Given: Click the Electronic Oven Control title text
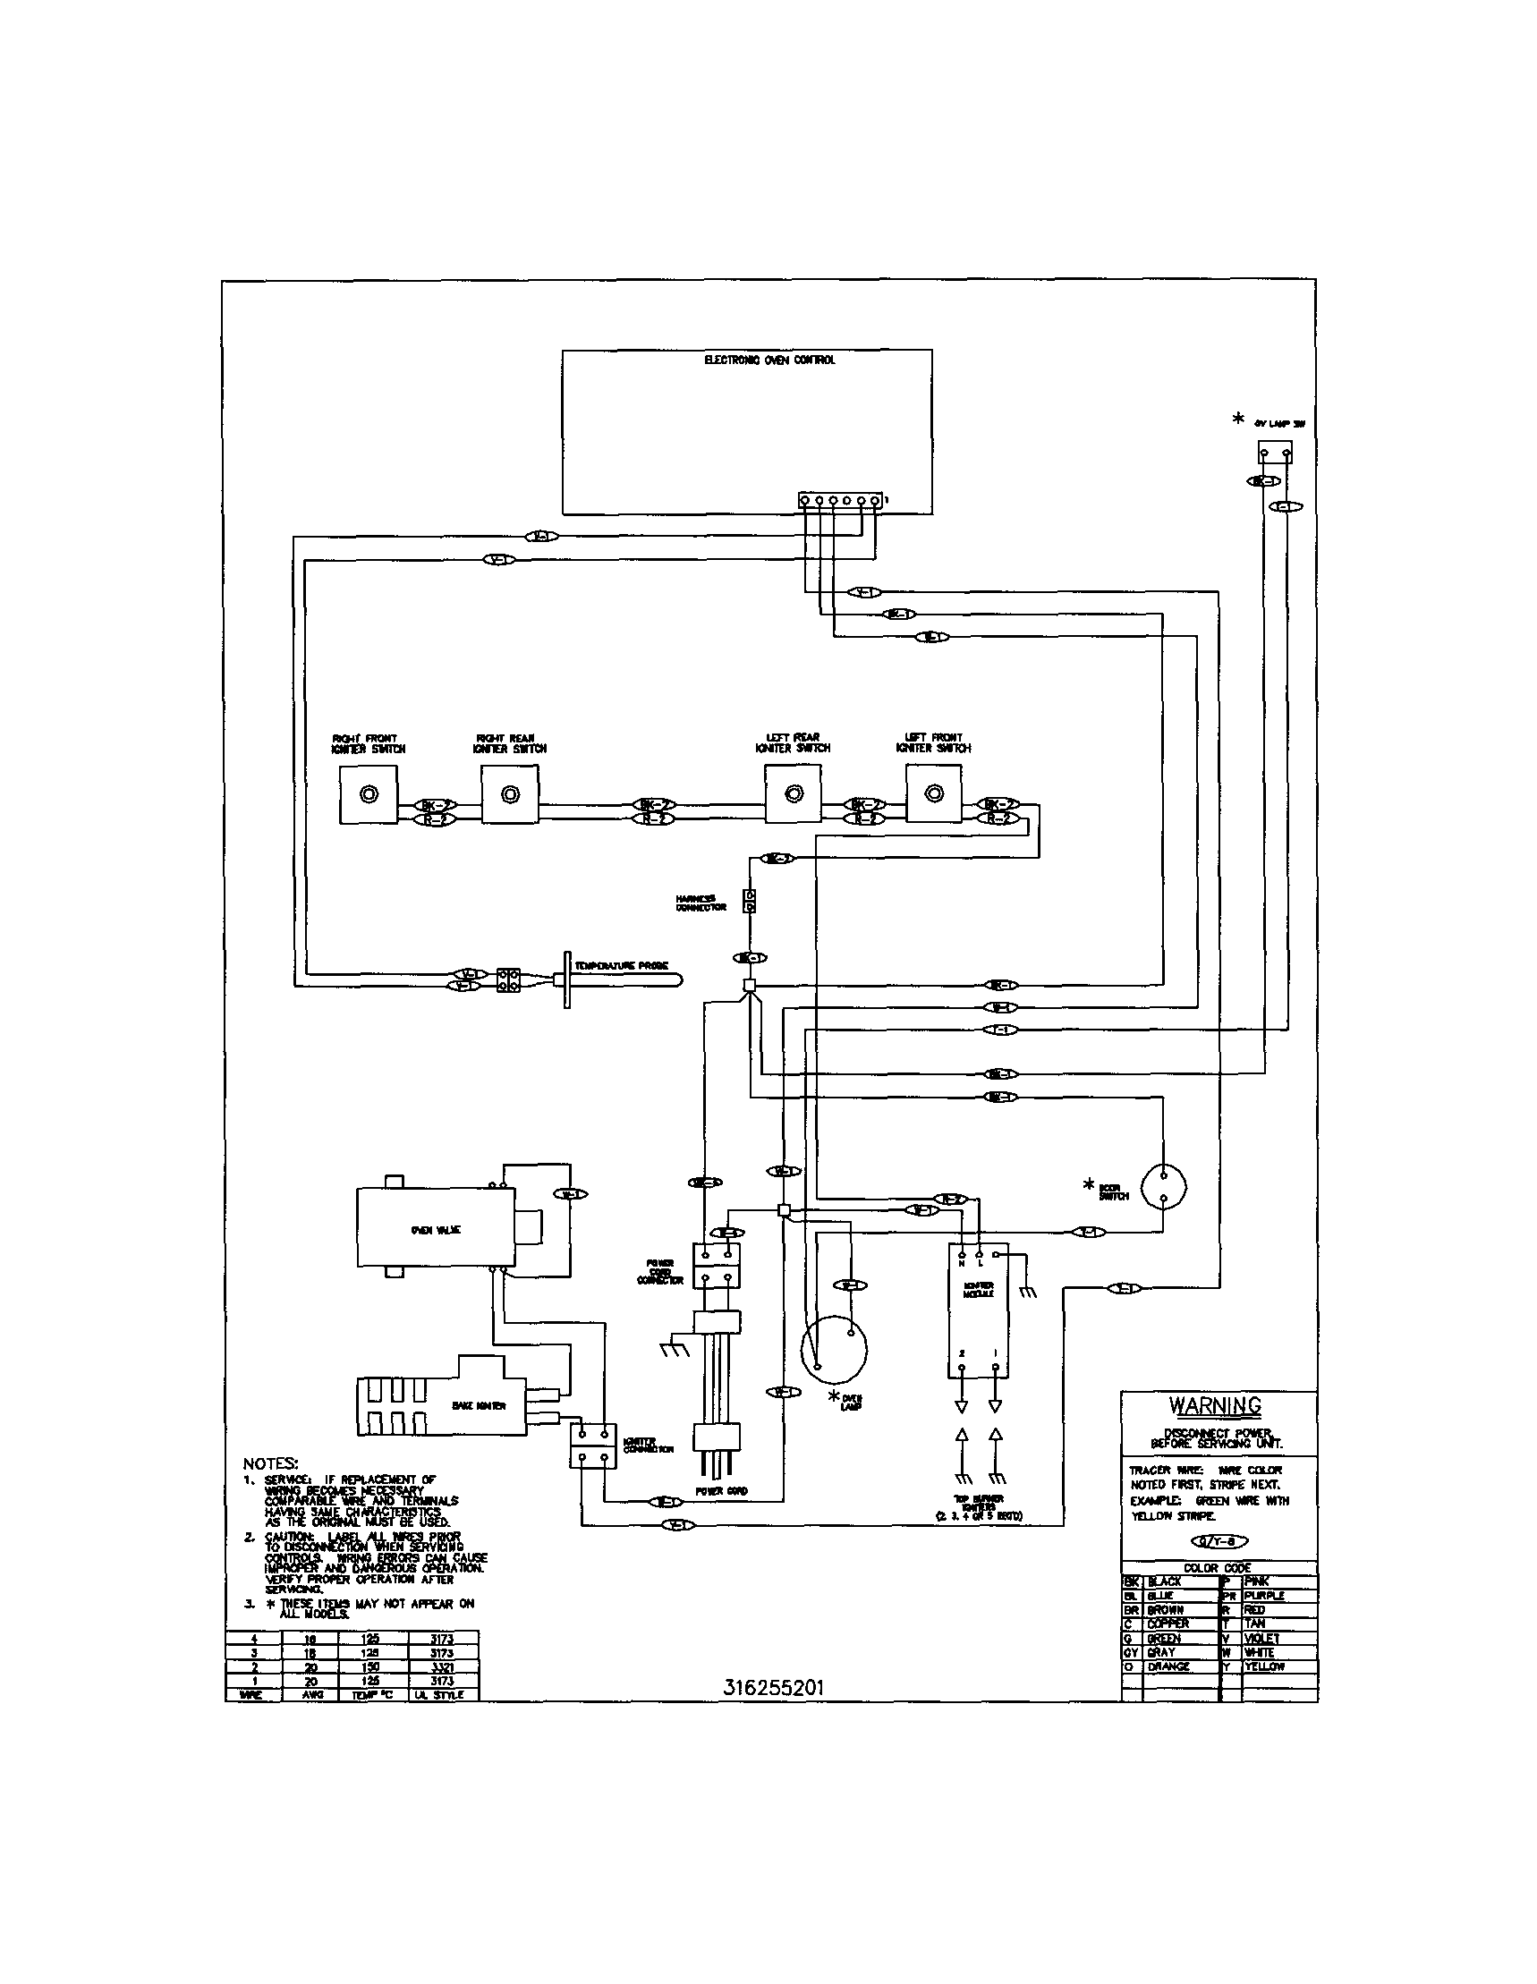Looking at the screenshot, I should coord(769,360).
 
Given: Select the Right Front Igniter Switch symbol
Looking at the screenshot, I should coord(368,795).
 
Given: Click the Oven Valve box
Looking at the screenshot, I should coord(434,1229).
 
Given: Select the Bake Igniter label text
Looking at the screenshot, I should coord(479,1405).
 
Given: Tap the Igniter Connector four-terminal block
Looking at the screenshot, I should coord(592,1446).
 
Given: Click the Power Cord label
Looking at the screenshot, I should coord(721,1491).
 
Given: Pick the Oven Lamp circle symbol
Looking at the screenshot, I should coord(833,1347).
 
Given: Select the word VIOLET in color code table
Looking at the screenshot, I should coord(1264,1638).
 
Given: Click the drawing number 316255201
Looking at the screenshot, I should coord(774,1687).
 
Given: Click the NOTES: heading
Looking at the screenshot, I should coord(271,1463).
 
